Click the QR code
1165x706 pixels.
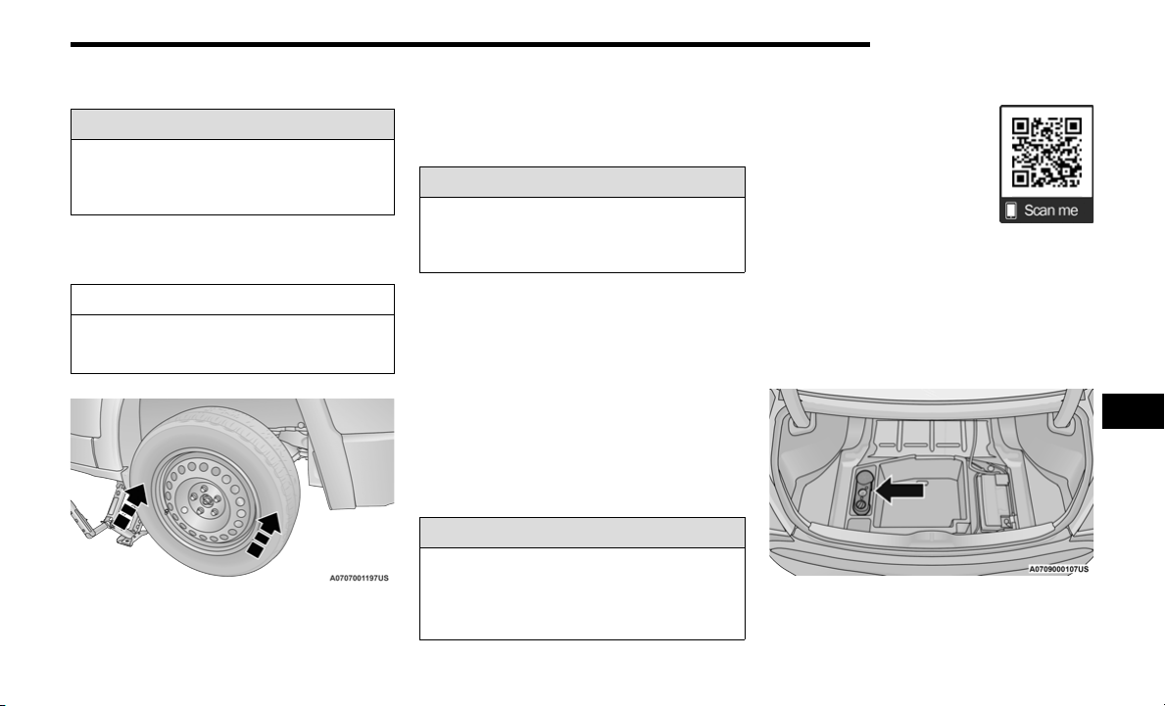pyautogui.click(x=1046, y=152)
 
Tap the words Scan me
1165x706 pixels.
pyautogui.click(x=1050, y=211)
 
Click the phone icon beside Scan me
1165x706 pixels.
pyautogui.click(x=1011, y=211)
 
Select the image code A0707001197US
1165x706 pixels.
pyautogui.click(x=359, y=578)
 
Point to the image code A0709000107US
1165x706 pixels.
pyautogui.click(x=1059, y=569)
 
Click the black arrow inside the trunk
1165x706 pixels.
pyautogui.click(x=899, y=490)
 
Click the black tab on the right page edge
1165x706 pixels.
pyautogui.click(x=1133, y=411)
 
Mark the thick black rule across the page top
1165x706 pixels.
pyautogui.click(x=469, y=44)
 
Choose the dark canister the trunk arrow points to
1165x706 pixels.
pyautogui.click(x=861, y=492)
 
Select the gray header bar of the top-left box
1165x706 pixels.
pyautogui.click(x=232, y=124)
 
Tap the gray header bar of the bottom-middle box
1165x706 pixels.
pyautogui.click(x=582, y=533)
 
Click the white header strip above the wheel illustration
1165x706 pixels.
pyautogui.click(x=232, y=300)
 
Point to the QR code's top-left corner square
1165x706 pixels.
pyautogui.click(x=1021, y=126)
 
